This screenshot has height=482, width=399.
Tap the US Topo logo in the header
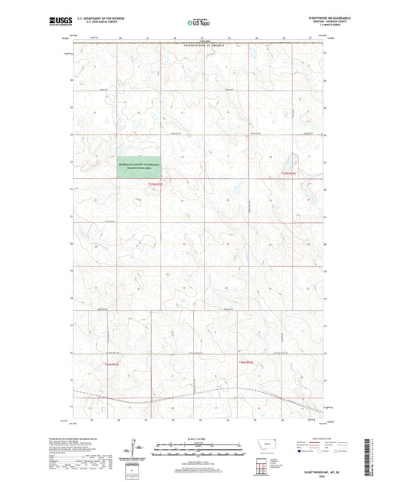pyautogui.click(x=199, y=22)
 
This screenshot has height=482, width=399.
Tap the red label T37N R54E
pyautogui.click(x=288, y=174)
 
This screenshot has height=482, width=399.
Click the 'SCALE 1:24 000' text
pyautogui.click(x=199, y=438)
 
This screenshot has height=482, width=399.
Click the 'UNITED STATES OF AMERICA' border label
pyautogui.click(x=199, y=46)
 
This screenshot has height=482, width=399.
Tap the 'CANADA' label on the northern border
pyautogui.click(x=199, y=43)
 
